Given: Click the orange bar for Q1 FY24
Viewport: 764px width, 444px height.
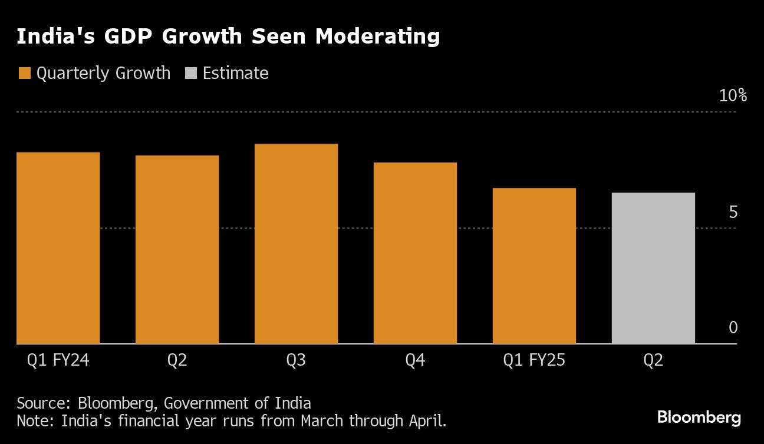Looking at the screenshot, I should point(58,247).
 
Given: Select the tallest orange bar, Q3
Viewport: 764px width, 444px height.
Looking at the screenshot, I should point(296,243).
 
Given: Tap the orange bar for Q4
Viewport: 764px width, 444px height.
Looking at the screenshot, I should point(415,253).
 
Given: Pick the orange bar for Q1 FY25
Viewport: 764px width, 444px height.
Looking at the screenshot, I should point(534,266).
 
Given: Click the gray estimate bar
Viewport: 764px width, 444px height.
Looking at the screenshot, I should point(653,268).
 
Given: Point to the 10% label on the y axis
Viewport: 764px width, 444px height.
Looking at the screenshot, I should point(733,95).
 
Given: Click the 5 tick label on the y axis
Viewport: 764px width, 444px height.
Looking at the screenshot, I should point(733,212).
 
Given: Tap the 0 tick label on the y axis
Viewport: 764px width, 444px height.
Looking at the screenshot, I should point(733,327).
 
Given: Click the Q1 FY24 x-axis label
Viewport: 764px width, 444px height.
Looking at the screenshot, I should point(58,360).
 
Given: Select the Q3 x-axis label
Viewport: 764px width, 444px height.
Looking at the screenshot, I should point(296,360).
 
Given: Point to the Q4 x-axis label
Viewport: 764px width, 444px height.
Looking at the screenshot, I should point(415,360).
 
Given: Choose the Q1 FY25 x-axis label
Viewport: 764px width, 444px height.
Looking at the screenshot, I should point(534,360).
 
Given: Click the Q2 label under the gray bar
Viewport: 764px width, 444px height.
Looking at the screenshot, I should point(653,360).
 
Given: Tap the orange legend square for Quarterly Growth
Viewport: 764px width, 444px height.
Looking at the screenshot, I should point(24,73).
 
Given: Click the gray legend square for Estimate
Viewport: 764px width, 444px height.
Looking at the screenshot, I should point(190,73).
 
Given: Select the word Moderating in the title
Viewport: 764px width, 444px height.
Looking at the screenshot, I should point(377,37).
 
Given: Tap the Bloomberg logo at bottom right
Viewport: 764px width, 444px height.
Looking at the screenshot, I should point(699,418).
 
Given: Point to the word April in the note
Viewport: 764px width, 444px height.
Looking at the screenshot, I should point(425,421).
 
